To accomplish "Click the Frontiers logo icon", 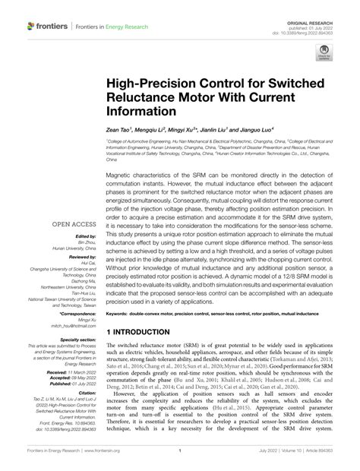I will click(x=31, y=26).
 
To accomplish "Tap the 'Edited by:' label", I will click(x=85, y=238).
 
